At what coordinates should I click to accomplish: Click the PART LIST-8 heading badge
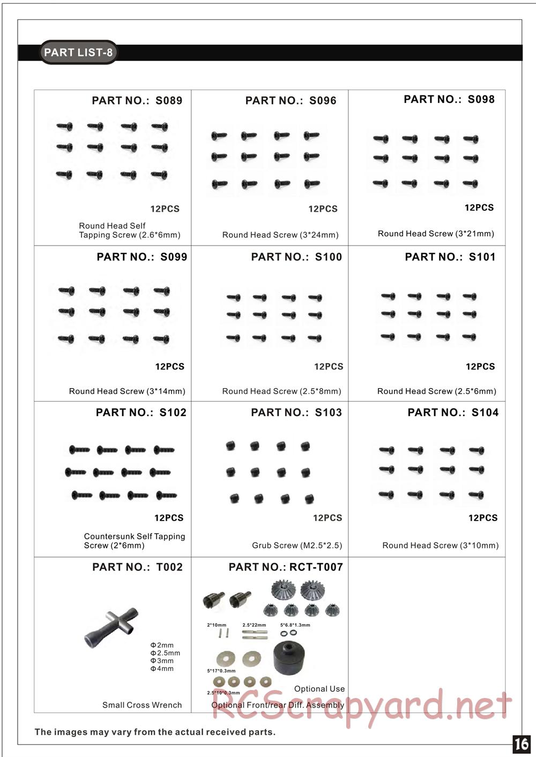point(78,53)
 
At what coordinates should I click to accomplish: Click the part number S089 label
point(137,100)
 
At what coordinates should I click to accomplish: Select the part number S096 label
point(291,100)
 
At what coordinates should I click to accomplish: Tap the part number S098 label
point(449,99)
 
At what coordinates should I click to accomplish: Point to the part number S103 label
point(296,412)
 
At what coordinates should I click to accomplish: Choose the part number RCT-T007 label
point(286,567)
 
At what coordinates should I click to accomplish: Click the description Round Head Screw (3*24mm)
point(280,235)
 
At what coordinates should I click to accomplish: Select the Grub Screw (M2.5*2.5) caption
point(297,545)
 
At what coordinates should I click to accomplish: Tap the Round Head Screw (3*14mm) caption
point(127,391)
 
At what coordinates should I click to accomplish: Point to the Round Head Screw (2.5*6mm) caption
point(437,391)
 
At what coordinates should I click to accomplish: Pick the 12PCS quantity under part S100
point(329,367)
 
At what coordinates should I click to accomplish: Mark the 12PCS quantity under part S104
point(483,518)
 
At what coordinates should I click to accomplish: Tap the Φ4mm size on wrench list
point(162,669)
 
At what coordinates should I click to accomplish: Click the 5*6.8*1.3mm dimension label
point(295,625)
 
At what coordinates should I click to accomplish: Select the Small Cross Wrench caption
point(142,705)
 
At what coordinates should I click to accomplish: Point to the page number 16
point(521,744)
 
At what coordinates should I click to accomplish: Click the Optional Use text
point(319,689)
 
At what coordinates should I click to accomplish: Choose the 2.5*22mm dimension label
point(254,625)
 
